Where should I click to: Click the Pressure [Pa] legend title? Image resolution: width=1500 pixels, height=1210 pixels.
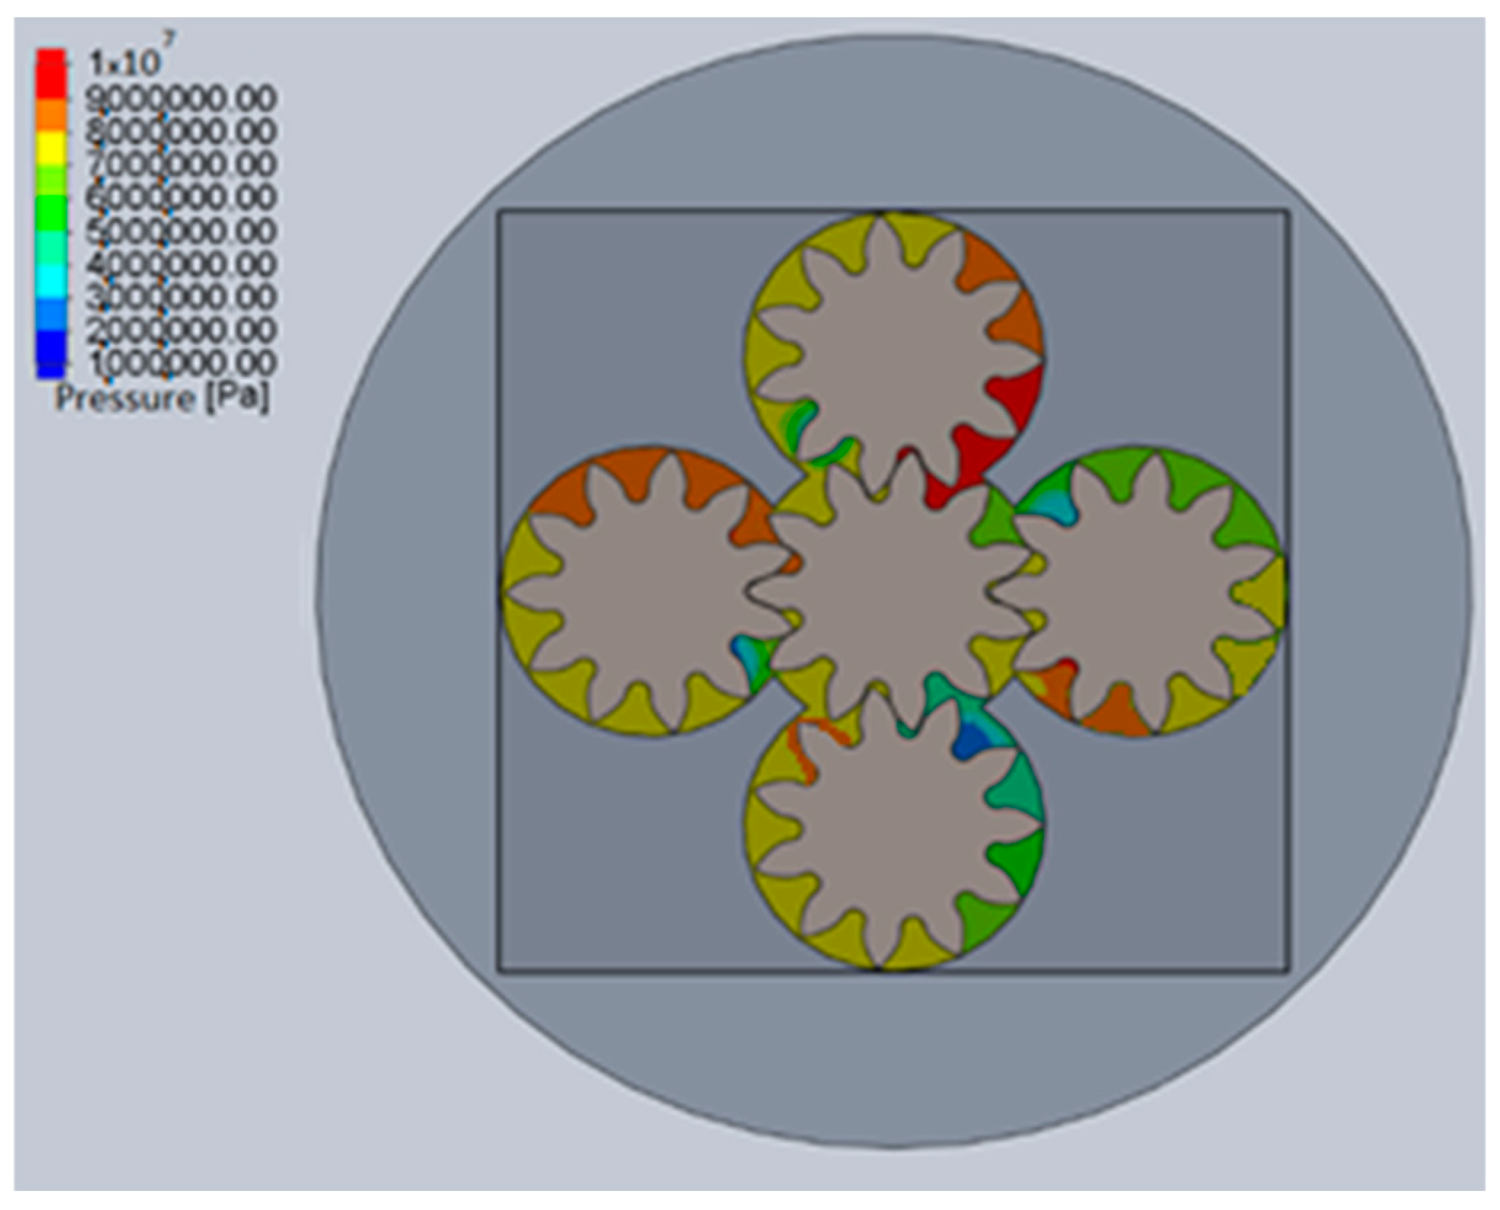tap(162, 398)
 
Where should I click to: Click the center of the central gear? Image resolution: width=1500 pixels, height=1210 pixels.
tap(896, 590)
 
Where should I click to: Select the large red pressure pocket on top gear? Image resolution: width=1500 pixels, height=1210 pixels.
tap(1016, 397)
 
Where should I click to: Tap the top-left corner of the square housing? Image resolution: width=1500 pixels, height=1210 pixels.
tap(499, 212)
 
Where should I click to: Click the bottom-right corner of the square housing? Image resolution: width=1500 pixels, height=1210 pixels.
tap(1288, 970)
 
